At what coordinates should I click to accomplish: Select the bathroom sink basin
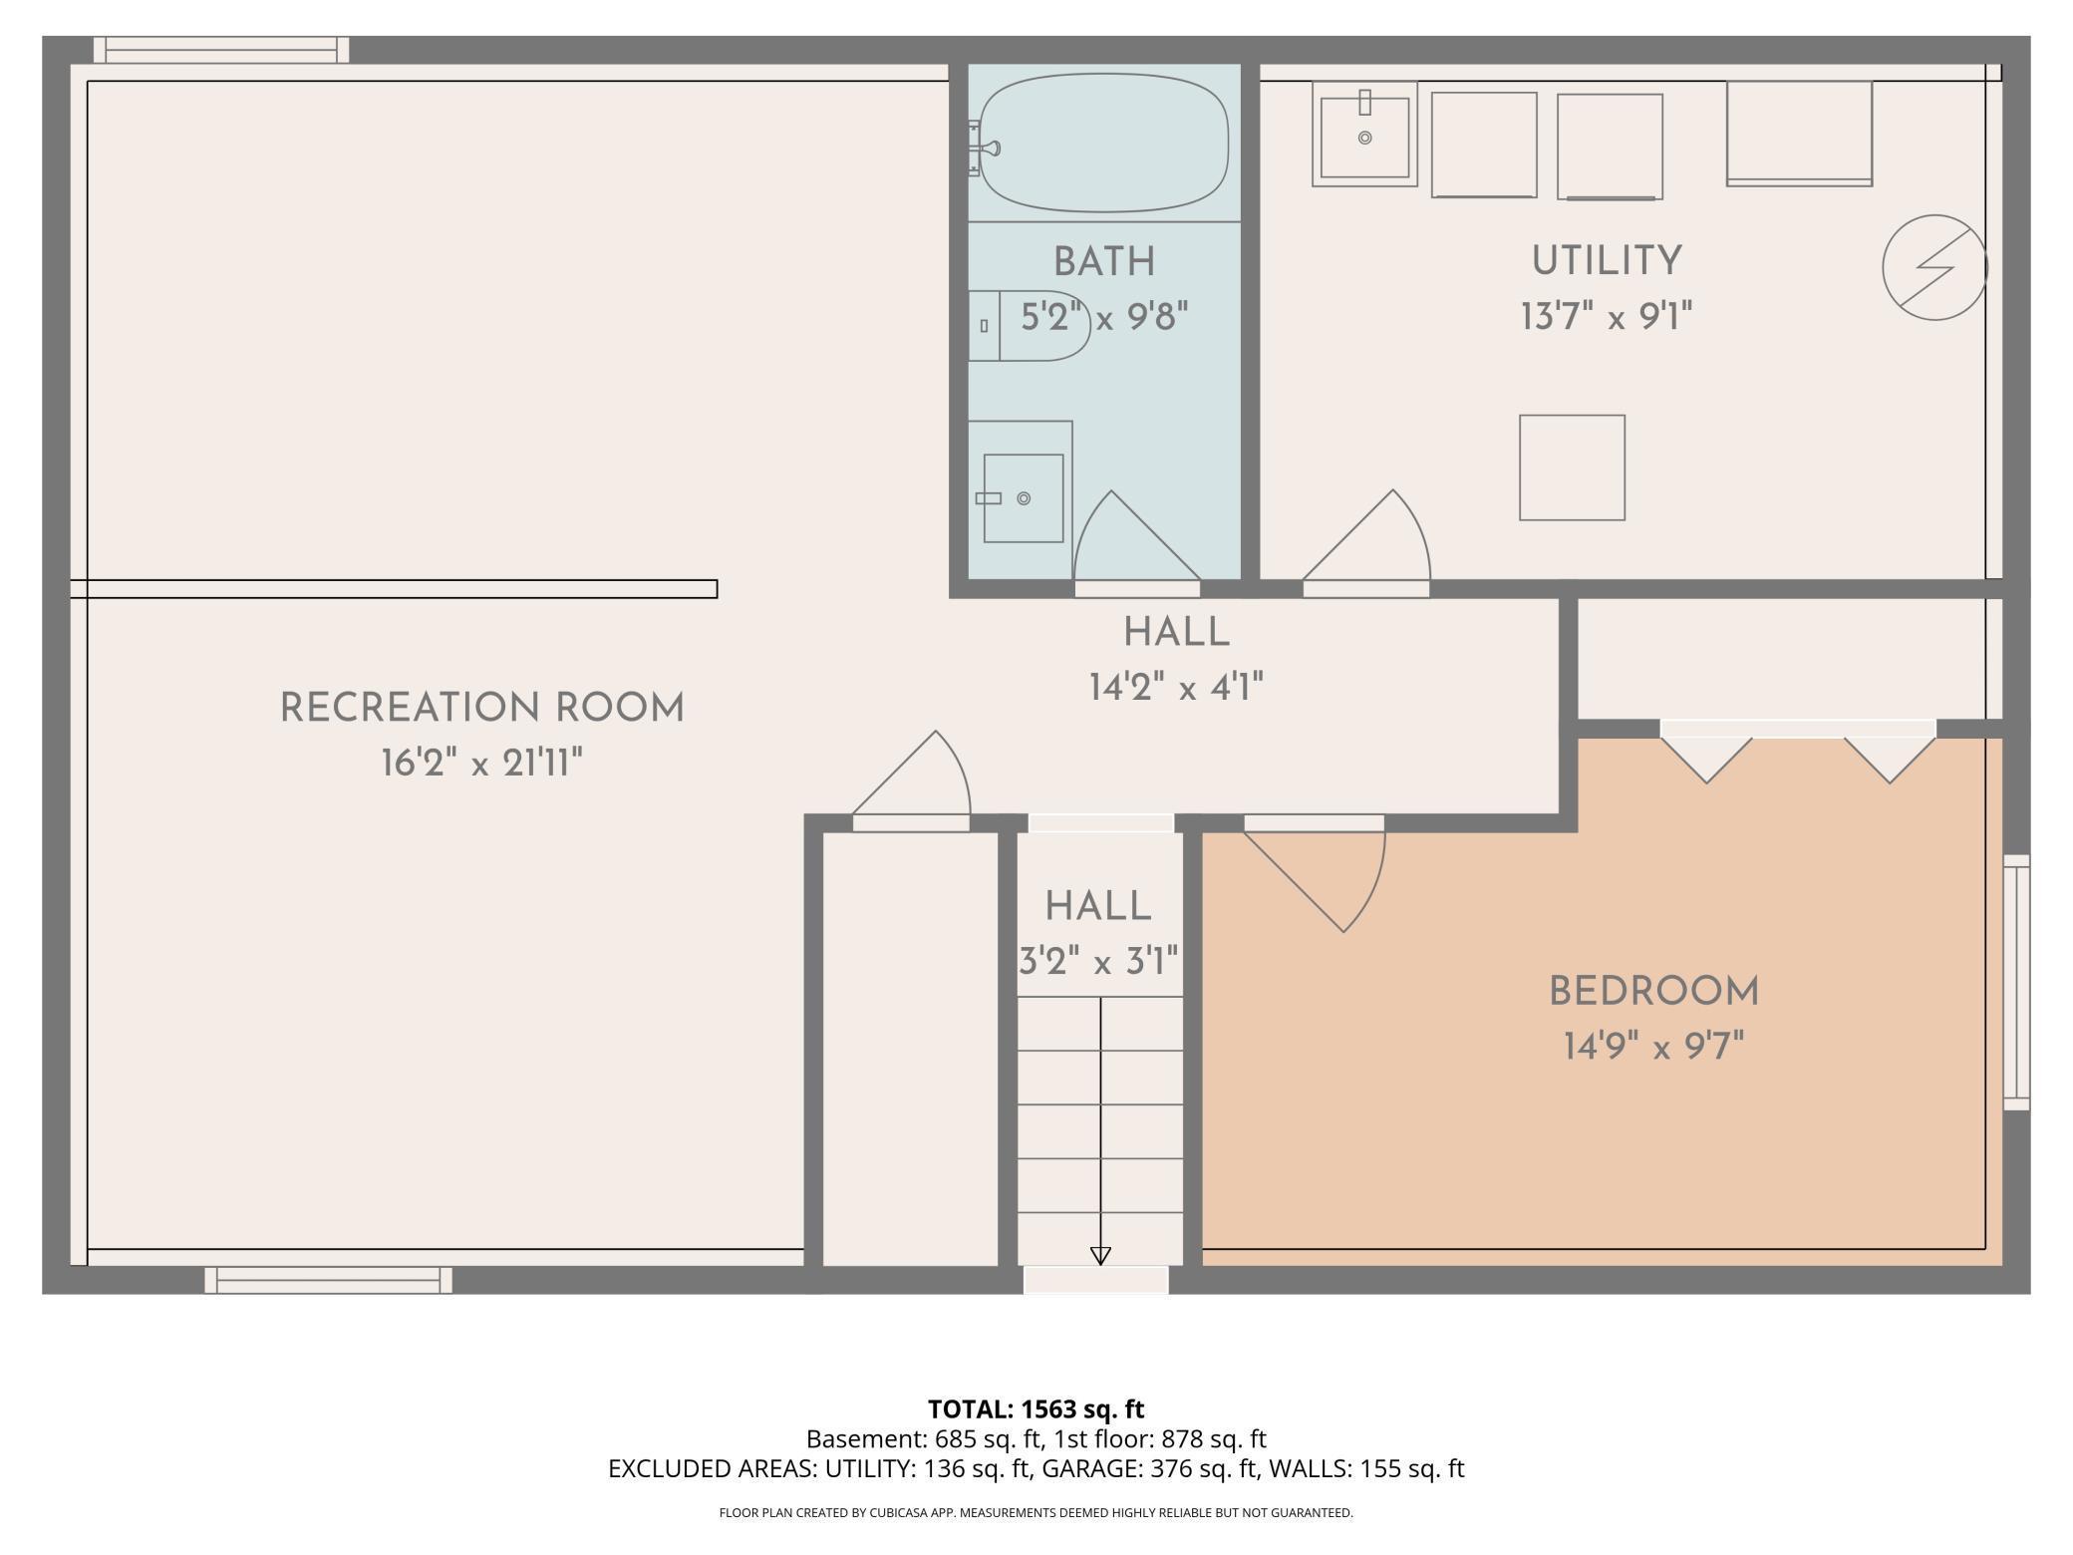pos(1023,497)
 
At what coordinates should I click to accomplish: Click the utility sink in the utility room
pos(1364,134)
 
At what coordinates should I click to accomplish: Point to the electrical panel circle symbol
pos(1934,267)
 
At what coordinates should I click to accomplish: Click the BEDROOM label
pos(1653,992)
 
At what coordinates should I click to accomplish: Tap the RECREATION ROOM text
pos(482,709)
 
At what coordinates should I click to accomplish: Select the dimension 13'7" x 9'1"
pos(1606,318)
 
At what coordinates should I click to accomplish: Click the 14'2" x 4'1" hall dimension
pos(1176,687)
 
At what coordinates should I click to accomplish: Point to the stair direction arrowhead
pos(1100,1256)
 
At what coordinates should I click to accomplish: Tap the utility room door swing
pos(1375,543)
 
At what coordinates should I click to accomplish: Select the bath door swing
pos(1126,543)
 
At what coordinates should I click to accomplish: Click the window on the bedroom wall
pos(2015,982)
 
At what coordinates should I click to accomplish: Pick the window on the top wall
pos(221,50)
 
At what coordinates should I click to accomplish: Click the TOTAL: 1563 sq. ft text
pos(1036,1408)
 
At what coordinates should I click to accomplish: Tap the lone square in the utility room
pos(1572,467)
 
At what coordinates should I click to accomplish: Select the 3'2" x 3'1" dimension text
pos(1098,963)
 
